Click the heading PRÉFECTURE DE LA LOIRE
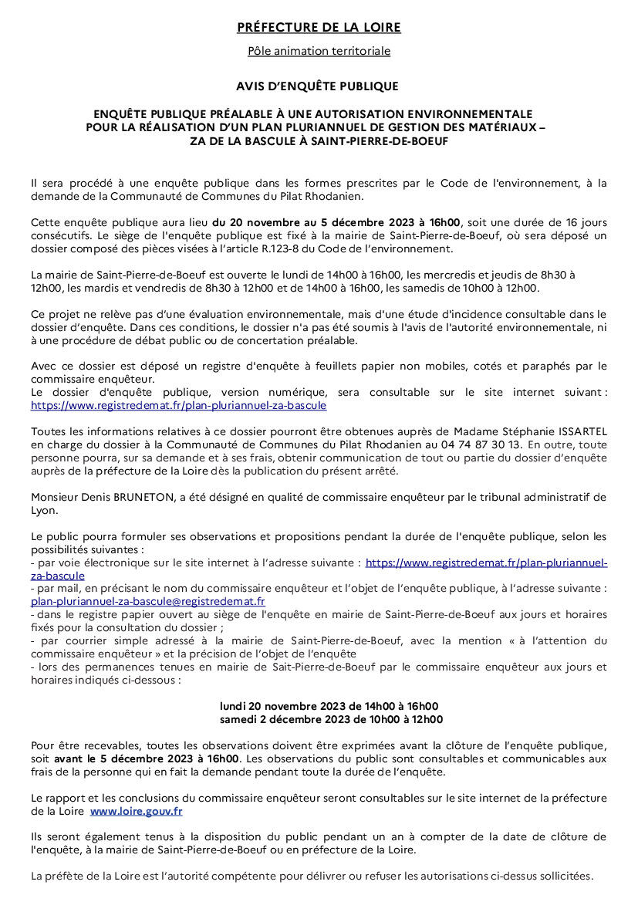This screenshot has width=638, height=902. (x=319, y=28)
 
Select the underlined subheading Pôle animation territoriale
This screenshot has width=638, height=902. (x=319, y=52)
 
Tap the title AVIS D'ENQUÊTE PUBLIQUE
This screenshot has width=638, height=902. (x=319, y=86)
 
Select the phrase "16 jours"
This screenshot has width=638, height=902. (x=587, y=222)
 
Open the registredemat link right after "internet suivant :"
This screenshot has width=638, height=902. (x=179, y=404)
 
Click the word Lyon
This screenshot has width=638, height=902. (x=43, y=511)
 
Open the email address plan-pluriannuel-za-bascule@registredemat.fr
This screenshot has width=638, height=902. (x=148, y=601)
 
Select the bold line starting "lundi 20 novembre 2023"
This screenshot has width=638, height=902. (x=329, y=707)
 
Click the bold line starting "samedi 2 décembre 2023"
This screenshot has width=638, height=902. (x=331, y=720)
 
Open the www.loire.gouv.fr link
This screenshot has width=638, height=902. (x=137, y=812)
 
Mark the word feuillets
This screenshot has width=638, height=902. (x=297, y=365)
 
